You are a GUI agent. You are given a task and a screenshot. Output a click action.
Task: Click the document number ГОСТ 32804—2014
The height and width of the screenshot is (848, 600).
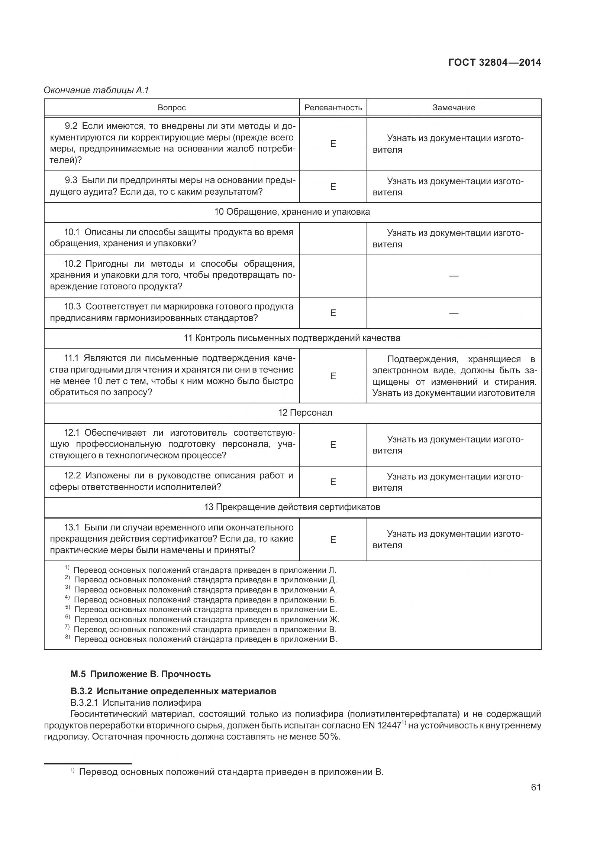[x=494, y=62]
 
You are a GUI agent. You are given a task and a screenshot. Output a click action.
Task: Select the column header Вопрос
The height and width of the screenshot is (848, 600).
[x=172, y=108]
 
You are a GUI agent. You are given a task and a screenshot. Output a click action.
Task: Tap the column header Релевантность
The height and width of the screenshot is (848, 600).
[x=333, y=108]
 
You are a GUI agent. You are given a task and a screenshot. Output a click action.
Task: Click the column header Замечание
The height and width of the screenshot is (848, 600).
[x=454, y=108]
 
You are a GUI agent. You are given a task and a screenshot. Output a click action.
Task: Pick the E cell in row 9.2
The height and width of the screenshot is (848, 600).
[x=333, y=144]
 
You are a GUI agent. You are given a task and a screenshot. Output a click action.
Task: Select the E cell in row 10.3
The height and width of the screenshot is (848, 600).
[x=333, y=313]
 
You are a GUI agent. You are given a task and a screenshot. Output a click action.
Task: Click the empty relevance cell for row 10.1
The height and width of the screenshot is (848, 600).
[x=333, y=238]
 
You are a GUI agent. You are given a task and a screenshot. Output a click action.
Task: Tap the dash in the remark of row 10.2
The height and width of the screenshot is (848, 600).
[x=454, y=276]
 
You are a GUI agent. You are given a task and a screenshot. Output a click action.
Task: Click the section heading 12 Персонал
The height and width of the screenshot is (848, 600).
[x=305, y=413]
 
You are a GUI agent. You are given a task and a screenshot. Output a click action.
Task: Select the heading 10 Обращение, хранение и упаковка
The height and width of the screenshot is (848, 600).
[x=292, y=212]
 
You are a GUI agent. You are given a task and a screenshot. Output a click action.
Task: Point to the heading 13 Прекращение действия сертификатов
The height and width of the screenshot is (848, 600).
[x=292, y=507]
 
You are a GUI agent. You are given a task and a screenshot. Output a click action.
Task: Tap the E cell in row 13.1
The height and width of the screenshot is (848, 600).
[x=333, y=539]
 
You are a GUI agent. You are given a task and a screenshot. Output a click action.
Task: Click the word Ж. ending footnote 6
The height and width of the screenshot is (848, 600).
[x=334, y=619]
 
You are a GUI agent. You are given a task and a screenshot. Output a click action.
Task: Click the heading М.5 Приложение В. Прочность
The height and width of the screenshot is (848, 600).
[x=141, y=674]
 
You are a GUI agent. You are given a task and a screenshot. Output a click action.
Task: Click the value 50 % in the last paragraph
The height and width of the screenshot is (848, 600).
[x=329, y=737]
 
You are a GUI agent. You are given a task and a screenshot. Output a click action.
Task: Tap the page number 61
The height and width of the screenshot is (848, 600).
[x=536, y=797]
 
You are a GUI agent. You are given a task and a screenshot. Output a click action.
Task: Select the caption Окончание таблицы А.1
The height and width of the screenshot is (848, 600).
[x=96, y=90]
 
